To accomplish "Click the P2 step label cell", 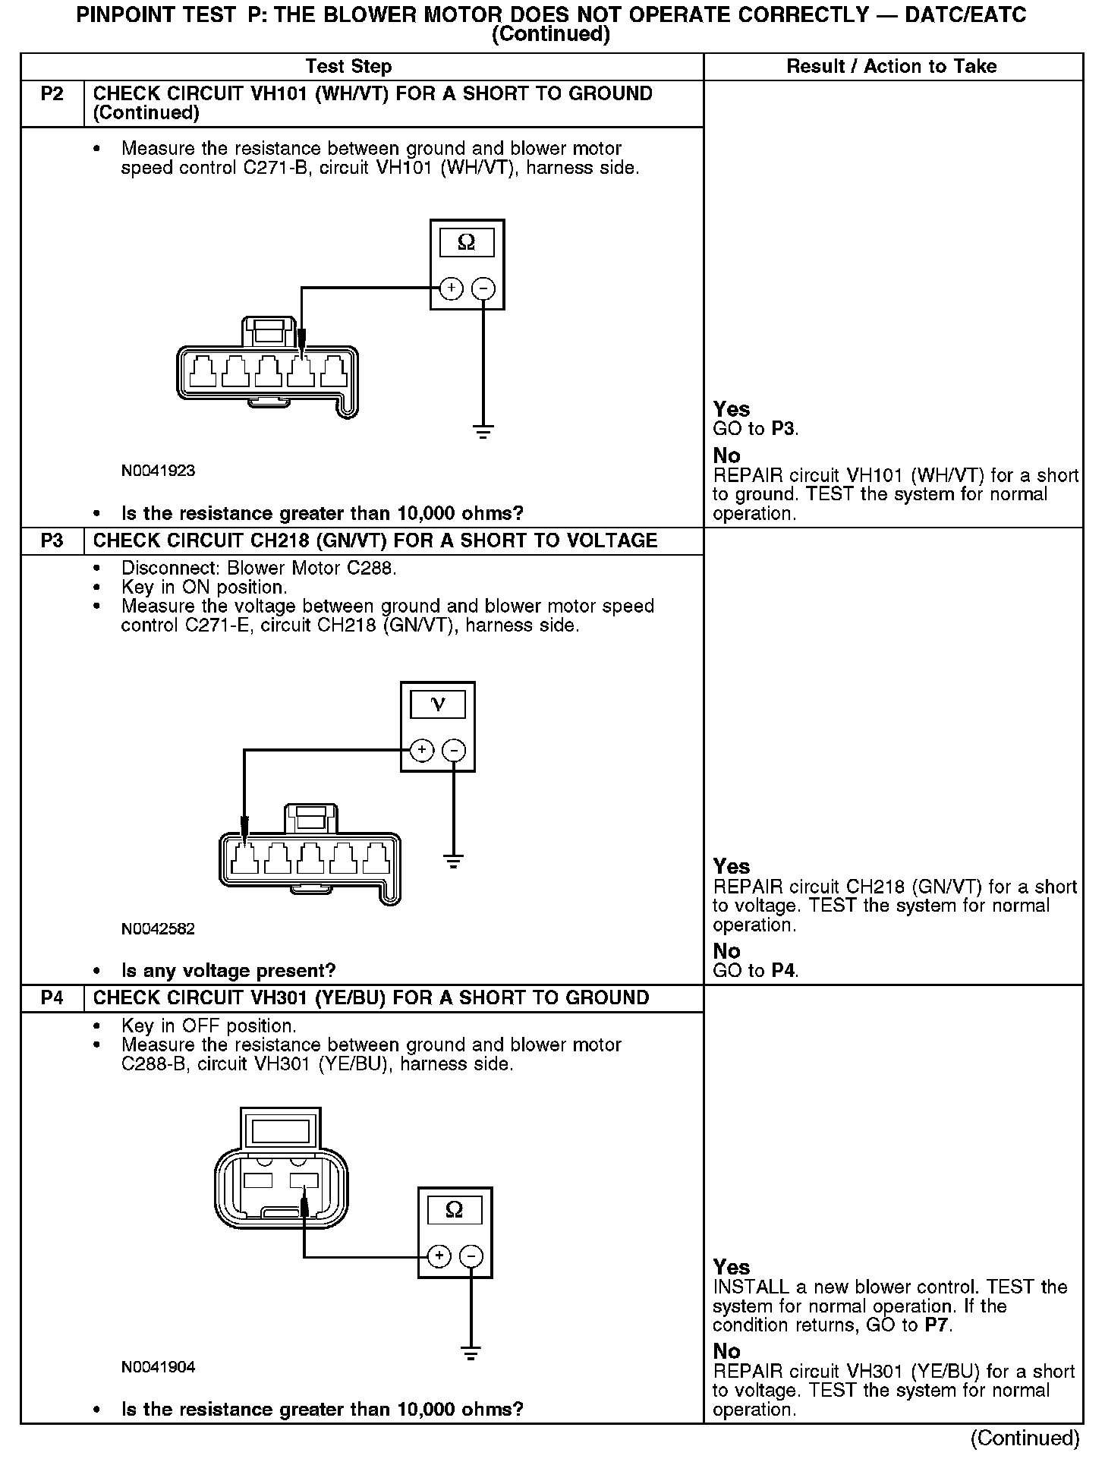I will [52, 94].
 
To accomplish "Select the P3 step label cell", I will [52, 541].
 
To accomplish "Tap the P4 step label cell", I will [52, 998].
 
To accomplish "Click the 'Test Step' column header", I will [348, 67].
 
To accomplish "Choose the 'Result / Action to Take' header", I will [891, 67].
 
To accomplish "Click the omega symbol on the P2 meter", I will [467, 243].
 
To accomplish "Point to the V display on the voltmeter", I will [438, 705].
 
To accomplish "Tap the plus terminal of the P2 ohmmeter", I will [451, 288].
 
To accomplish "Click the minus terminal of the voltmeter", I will [454, 751].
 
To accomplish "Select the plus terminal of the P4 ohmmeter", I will [439, 1256].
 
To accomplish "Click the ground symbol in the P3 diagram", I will [454, 862].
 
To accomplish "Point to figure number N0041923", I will [158, 471].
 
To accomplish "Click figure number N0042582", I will [158, 929].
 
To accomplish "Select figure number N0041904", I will [158, 1367].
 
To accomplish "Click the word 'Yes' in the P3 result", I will [731, 867].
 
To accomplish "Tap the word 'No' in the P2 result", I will [726, 455].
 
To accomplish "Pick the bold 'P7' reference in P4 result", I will [937, 1325].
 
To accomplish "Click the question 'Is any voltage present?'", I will [228, 971].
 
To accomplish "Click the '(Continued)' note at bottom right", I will [1025, 1438].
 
